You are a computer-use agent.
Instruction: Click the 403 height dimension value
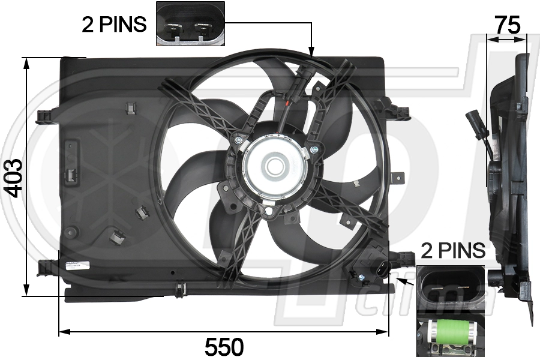click(x=13, y=178)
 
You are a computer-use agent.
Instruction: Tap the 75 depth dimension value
click(x=507, y=25)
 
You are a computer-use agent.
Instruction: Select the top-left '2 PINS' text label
click(x=114, y=24)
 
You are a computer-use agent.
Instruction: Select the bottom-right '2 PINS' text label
click(x=452, y=250)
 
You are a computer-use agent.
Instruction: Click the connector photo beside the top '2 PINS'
click(x=190, y=24)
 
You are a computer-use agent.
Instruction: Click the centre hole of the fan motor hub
click(x=275, y=166)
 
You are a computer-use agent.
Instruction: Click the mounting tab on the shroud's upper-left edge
click(x=44, y=115)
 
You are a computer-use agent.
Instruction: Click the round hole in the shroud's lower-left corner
click(x=72, y=231)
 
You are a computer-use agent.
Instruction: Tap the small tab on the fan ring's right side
click(x=398, y=178)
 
